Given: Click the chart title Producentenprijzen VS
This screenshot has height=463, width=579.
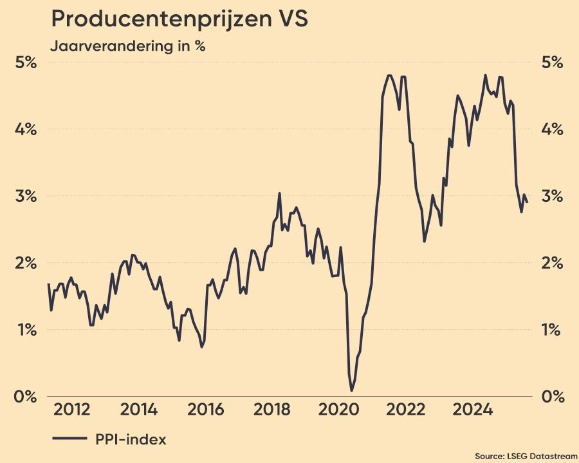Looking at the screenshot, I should coord(179,19).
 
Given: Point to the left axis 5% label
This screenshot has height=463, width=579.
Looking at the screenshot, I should coord(26,63).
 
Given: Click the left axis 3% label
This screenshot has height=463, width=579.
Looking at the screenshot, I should coord(26,196).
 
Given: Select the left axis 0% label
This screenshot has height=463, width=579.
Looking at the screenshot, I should coord(26,397).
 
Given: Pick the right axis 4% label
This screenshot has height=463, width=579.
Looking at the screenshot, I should coord(552,129).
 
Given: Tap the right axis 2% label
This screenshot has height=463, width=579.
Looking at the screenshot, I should coord(552,263).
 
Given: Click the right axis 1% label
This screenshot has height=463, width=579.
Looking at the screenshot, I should coord(552,330).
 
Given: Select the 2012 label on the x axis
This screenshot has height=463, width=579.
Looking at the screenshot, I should coord(71,410).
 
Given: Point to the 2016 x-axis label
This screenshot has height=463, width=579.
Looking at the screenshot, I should coord(205,410).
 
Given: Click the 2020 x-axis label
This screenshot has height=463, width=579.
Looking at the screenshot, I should coord(338,410).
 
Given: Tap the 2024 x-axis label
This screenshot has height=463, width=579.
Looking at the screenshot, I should coord(472,410).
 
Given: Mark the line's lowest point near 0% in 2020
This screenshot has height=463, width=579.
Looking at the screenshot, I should coord(351,390).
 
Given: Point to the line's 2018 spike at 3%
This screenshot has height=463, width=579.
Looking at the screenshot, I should coord(279,194).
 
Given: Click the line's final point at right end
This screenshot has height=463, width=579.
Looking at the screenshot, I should coord(527,202).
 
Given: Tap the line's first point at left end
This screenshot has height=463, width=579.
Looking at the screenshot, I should coord(48,284).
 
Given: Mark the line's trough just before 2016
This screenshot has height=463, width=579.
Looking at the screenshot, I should coord(201,347).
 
